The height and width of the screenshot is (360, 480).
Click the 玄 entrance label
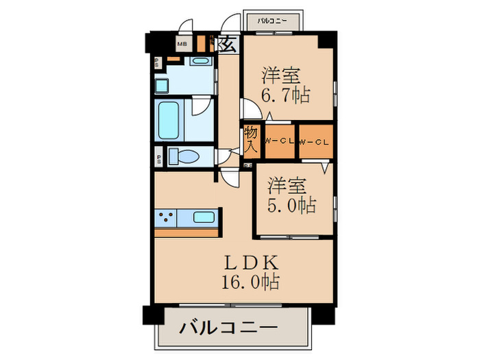(x=228, y=45)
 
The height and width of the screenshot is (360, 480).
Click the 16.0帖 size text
(x=248, y=280)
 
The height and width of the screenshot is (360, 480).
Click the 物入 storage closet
(x=251, y=141)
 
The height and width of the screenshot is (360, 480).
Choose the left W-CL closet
(x=280, y=141)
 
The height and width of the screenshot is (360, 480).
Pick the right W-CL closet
(x=315, y=141)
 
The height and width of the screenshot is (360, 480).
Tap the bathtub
(x=169, y=121)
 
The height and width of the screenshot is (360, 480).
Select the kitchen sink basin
(x=204, y=218)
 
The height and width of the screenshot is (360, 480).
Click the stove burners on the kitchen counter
(x=166, y=219)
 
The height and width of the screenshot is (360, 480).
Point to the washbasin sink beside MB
(x=201, y=61)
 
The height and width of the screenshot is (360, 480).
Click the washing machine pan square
(x=161, y=85)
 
